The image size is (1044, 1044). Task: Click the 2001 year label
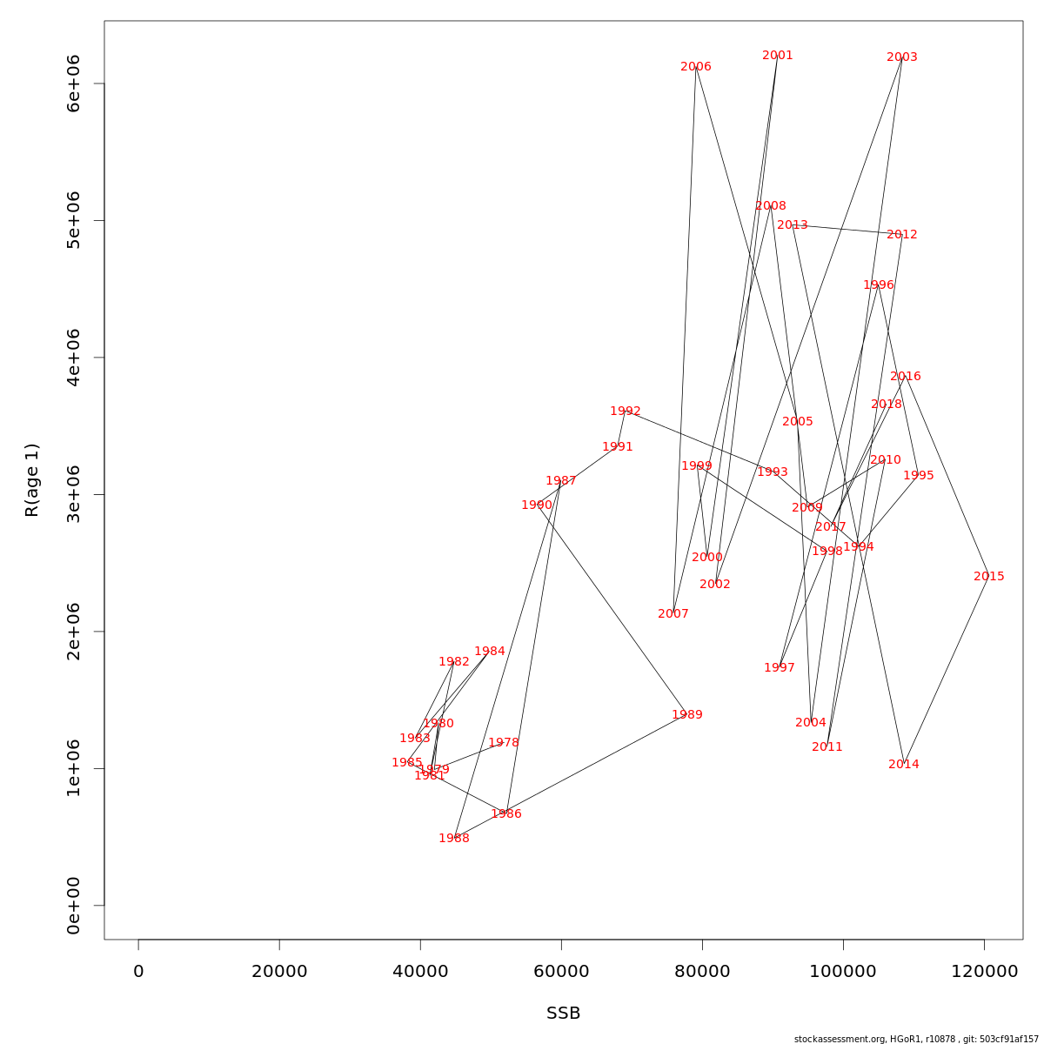tap(778, 56)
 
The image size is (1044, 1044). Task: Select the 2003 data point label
tap(902, 57)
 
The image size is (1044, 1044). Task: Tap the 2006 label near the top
tap(696, 67)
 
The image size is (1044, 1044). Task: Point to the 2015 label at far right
tap(989, 577)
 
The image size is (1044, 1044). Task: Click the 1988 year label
tap(454, 839)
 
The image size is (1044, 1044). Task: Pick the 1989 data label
tap(687, 715)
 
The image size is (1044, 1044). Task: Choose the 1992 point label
tap(626, 412)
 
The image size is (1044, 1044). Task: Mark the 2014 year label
tap(904, 765)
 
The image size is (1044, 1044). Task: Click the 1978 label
tap(504, 743)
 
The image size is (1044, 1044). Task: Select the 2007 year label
tap(673, 614)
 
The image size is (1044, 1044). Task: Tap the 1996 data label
tap(879, 285)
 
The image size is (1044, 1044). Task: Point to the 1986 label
tap(506, 814)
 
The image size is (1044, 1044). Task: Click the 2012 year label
tap(902, 235)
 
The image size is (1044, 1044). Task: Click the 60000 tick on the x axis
tap(561, 971)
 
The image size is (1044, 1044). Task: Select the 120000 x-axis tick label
tap(984, 971)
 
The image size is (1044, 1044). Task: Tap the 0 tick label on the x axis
tap(138, 971)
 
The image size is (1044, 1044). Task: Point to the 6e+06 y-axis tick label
tap(74, 84)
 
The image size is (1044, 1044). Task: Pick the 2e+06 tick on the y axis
tap(74, 632)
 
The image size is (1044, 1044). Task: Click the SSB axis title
tap(564, 1014)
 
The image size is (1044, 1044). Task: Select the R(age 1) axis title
tap(32, 480)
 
